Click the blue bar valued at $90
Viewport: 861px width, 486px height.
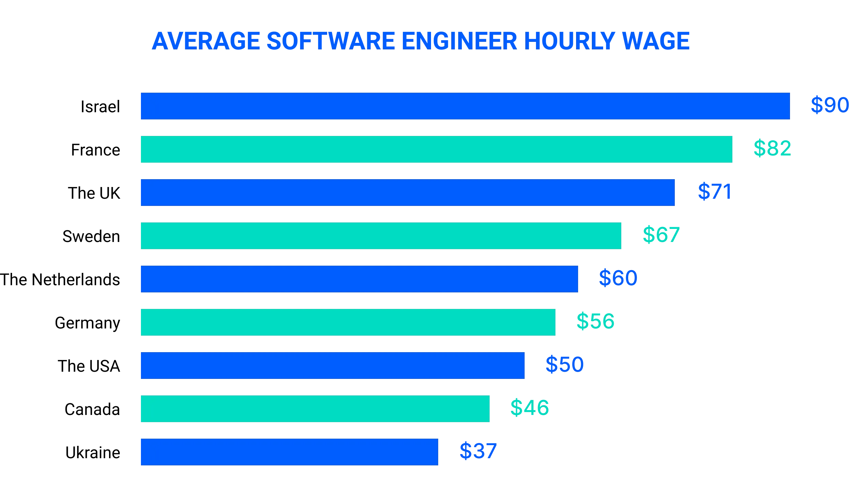[x=465, y=106]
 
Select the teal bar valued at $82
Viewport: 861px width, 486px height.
[x=436, y=149]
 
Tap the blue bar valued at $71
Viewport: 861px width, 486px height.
[x=407, y=192]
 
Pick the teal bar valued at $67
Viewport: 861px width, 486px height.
[x=381, y=236]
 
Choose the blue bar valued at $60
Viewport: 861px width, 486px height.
[x=359, y=279]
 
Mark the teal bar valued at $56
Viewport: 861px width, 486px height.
[x=348, y=322]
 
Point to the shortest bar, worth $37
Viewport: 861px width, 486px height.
[x=289, y=452]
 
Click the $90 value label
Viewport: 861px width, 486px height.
[x=830, y=105]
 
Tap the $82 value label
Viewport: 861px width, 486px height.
[x=773, y=149]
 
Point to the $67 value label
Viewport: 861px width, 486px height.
[x=661, y=235]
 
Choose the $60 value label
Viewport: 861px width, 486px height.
[x=618, y=278]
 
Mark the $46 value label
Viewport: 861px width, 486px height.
[x=529, y=408]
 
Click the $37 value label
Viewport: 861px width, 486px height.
[x=477, y=451]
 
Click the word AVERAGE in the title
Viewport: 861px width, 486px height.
[x=206, y=40]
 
